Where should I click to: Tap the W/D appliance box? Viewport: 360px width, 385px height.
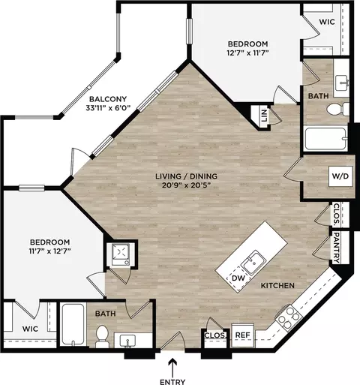coord(340,176)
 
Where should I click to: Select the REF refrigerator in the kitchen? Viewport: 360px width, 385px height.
coord(243,335)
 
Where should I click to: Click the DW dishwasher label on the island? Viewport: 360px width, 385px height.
coord(238,278)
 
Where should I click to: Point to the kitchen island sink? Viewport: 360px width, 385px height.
coord(253,263)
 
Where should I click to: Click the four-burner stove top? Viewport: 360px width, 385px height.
coord(289,316)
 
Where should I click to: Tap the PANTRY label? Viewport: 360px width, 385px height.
coord(337,248)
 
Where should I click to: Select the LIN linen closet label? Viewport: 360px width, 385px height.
coord(263,116)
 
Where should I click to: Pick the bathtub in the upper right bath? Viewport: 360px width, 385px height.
coord(326,138)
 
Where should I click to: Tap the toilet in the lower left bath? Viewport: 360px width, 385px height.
coord(102,336)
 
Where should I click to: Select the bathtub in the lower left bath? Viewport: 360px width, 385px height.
coord(73,324)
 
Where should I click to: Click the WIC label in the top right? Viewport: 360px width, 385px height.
coord(327,22)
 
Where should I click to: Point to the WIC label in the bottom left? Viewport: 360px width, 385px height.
coord(30,329)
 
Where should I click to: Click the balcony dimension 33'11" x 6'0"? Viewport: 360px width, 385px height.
coord(109,109)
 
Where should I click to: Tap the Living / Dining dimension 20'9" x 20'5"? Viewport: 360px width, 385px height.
coord(187,185)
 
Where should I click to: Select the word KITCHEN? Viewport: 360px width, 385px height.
coord(277,285)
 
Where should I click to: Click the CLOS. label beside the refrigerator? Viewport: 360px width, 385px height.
coord(215,335)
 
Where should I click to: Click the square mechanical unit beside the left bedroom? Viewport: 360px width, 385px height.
coord(121,254)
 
